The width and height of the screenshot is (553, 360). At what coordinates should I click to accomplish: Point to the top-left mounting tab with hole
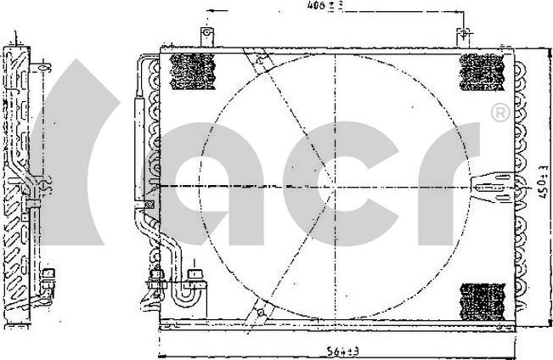(x=205, y=36)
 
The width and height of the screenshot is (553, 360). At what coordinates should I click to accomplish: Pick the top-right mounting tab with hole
(x=463, y=37)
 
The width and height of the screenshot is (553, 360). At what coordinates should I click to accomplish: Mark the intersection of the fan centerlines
(x=337, y=186)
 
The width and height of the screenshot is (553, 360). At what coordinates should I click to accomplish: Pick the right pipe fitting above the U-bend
(x=197, y=277)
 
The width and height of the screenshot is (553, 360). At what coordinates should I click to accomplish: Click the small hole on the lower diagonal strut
(x=252, y=314)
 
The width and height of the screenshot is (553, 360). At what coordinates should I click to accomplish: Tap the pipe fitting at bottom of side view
(x=49, y=276)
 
